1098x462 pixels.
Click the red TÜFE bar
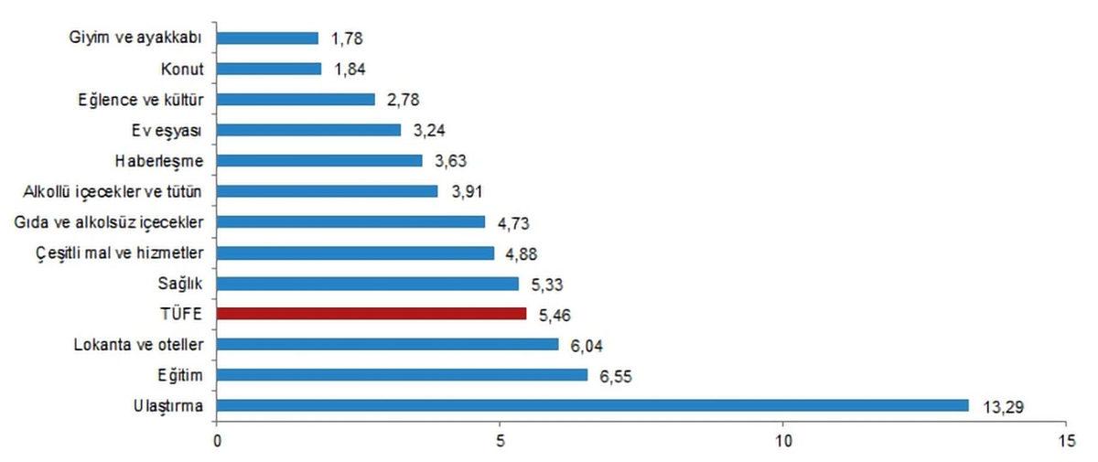click(371, 314)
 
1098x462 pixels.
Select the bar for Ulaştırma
click(593, 405)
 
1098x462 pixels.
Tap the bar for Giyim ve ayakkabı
click(267, 38)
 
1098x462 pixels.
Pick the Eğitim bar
click(402, 374)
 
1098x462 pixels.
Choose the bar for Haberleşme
click(319, 161)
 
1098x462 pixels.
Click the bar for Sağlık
click(368, 283)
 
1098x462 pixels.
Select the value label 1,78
click(348, 38)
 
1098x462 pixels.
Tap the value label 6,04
click(588, 344)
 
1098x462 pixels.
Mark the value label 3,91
click(467, 191)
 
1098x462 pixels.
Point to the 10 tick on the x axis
click(783, 439)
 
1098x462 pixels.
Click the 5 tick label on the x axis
click(501, 439)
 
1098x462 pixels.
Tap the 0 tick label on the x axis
click(217, 439)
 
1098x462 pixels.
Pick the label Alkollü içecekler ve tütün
click(116, 191)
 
